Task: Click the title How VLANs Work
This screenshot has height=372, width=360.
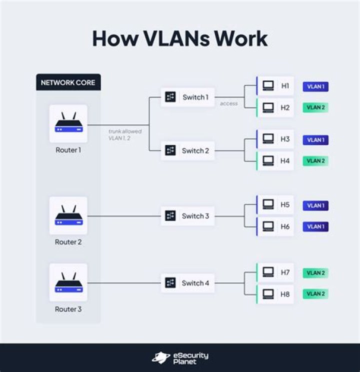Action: (179, 39)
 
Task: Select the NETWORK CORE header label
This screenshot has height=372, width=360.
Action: (68, 82)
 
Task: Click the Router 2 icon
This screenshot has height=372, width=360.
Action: (68, 215)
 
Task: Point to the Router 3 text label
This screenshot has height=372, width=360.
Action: (68, 309)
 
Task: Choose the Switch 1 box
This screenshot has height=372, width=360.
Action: (187, 97)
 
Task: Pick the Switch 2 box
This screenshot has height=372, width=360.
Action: (187, 150)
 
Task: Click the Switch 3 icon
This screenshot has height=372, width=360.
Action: (170, 216)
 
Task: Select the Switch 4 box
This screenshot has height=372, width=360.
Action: (187, 283)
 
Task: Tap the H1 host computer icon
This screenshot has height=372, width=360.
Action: (268, 86)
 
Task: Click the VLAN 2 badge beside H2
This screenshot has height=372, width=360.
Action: (315, 107)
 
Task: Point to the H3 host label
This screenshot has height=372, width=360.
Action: (285, 139)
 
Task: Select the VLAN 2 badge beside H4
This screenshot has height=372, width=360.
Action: (315, 161)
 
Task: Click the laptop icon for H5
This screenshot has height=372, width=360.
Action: (268, 204)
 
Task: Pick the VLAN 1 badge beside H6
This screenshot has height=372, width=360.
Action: (315, 226)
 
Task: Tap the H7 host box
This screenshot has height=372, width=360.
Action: (275, 272)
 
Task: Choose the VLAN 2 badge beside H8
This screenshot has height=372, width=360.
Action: (315, 294)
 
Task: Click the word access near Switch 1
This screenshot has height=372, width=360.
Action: (229, 104)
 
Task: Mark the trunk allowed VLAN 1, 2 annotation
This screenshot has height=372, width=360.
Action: (125, 134)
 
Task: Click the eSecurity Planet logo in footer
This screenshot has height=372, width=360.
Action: (180, 357)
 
